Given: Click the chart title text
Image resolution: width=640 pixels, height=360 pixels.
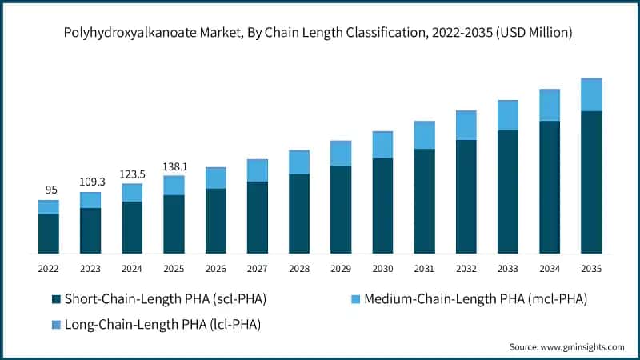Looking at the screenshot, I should [x=320, y=33].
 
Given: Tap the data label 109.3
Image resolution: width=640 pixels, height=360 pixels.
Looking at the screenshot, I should [x=90, y=182].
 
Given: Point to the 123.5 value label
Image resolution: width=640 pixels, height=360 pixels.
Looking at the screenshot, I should [x=132, y=174].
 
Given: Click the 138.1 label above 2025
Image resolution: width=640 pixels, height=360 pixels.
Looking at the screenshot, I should [x=174, y=166].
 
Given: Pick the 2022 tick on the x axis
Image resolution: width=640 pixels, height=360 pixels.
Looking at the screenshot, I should [x=48, y=269].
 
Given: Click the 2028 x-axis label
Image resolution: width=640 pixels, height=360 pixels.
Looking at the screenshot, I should [x=299, y=269].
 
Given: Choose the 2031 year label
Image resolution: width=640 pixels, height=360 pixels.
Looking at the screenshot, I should [x=424, y=269].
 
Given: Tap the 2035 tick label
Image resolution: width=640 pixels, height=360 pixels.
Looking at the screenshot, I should [x=591, y=269].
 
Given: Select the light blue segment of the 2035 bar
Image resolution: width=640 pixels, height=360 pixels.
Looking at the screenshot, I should [x=591, y=94].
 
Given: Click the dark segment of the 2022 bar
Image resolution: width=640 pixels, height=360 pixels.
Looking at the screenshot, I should [x=48, y=234].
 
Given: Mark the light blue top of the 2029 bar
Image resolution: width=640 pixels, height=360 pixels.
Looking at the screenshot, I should [x=341, y=153].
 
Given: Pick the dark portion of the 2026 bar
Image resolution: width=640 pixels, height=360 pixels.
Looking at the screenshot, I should [x=215, y=221].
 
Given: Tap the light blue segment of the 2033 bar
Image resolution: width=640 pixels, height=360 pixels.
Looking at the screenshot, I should [x=508, y=115].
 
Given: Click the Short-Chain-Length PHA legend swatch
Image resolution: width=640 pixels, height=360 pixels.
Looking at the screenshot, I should [x=55, y=299].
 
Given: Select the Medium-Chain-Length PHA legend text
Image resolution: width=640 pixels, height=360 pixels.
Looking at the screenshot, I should [x=475, y=299].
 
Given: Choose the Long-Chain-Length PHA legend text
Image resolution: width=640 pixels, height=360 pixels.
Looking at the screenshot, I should [x=163, y=324].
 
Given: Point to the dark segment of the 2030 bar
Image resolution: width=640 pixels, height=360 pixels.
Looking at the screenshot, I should [x=382, y=206].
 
